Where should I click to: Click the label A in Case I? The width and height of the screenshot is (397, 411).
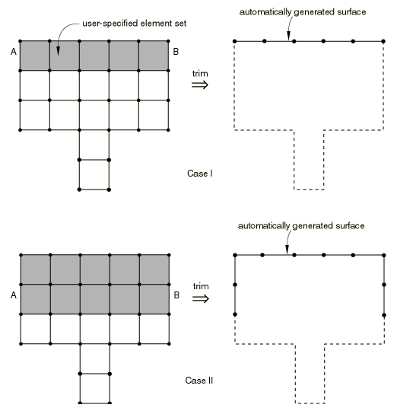[14, 52]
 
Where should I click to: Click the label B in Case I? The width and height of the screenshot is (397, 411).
[176, 52]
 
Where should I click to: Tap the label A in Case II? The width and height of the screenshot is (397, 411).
[14, 295]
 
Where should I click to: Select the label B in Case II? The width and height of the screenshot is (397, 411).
[176, 295]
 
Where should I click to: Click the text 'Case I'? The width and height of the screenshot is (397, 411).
[200, 174]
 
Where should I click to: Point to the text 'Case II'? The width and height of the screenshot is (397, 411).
[199, 381]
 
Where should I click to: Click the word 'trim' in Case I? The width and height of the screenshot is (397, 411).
[200, 74]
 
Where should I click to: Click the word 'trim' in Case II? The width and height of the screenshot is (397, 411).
[201, 286]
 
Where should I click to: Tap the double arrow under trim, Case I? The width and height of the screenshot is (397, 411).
[200, 84]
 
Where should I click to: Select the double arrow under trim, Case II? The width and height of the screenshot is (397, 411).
[201, 298]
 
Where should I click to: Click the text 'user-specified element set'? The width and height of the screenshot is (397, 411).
[135, 24]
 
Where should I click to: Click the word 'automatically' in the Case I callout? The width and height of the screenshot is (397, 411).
[265, 12]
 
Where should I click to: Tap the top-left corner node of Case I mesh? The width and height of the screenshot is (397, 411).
[21, 41]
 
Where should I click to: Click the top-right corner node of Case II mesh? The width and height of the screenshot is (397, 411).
[169, 255]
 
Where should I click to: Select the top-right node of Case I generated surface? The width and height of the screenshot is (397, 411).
[383, 41]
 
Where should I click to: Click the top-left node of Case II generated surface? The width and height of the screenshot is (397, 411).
[235, 255]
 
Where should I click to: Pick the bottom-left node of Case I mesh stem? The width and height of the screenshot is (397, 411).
[79, 190]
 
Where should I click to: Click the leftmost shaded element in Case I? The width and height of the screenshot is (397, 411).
[35, 56]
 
